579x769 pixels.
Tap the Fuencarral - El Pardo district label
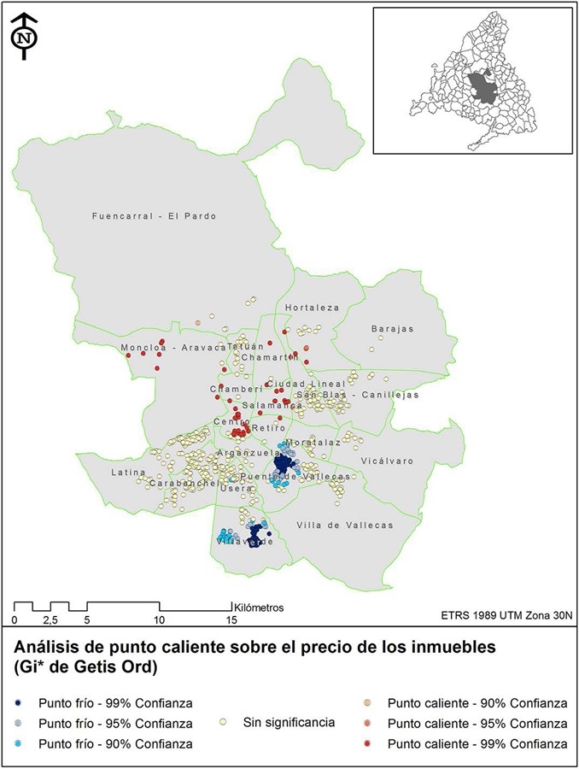[x=154, y=216]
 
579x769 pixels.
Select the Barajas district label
[x=392, y=328]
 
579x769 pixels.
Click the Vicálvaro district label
[x=387, y=461]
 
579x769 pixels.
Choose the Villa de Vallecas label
[x=345, y=525]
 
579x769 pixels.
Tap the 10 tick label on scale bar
[x=159, y=619]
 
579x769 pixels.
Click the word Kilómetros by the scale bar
[x=257, y=608]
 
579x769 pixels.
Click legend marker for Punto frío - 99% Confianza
[x=19, y=703]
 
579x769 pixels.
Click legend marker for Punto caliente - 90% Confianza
[x=368, y=703]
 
